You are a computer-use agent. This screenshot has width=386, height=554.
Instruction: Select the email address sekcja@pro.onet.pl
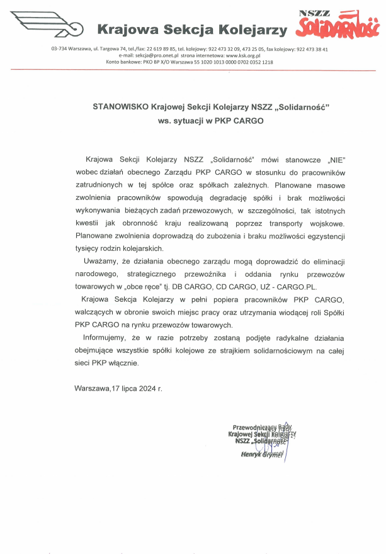pyautogui.click(x=143, y=55)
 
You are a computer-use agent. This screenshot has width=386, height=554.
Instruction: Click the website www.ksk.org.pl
pyautogui.click(x=225, y=55)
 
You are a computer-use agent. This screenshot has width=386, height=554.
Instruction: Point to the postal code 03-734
pyautogui.click(x=60, y=48)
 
